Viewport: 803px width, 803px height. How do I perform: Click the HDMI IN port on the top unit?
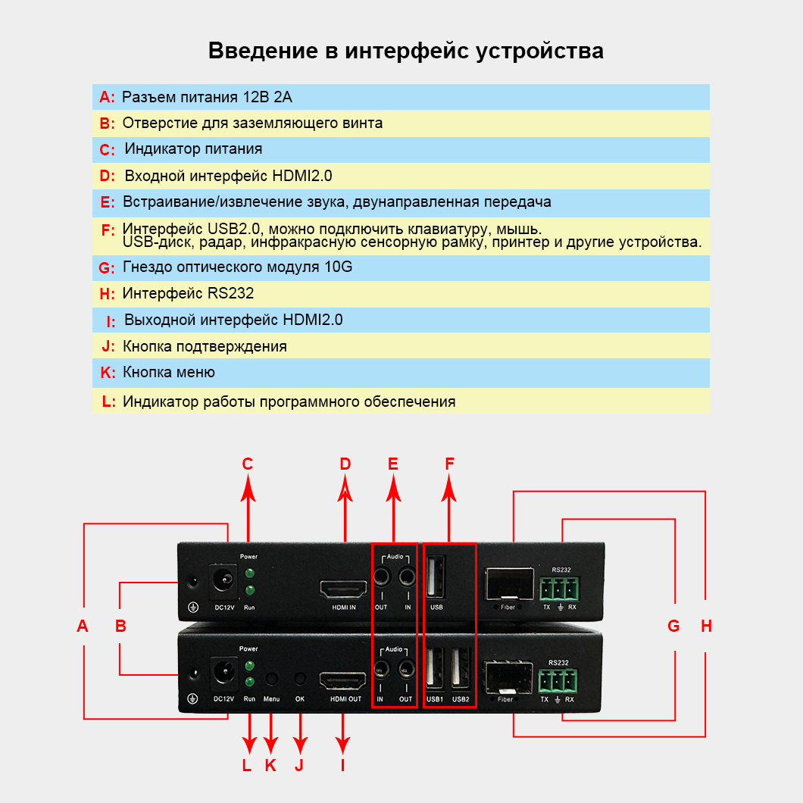345,589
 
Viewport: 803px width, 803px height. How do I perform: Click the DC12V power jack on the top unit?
224,581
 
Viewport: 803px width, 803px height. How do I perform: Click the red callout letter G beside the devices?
673,626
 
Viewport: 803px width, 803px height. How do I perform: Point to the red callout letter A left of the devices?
83,626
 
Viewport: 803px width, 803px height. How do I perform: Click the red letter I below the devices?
342,765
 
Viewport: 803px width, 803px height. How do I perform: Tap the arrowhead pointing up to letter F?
450,492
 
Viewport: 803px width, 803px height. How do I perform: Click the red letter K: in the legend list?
108,373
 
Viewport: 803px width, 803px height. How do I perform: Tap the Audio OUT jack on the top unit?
381,579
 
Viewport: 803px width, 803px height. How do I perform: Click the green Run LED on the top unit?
248,589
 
